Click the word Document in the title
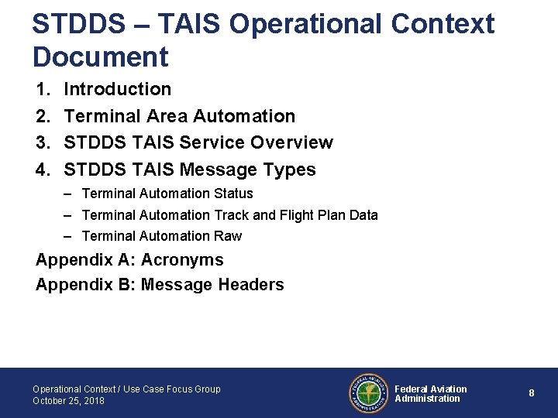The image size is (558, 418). click(x=100, y=57)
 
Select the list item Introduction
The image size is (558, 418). click(x=117, y=90)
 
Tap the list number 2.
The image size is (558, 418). click(x=43, y=116)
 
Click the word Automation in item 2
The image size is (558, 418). click(x=244, y=116)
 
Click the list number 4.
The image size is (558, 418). click(x=43, y=170)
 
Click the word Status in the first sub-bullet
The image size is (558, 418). click(x=233, y=194)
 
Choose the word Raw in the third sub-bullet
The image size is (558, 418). click(x=228, y=236)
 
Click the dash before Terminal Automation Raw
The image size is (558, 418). click(x=69, y=236)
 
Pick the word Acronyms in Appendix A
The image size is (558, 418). click(x=182, y=260)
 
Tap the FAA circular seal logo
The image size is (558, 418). click(x=367, y=393)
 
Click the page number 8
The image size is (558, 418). click(x=531, y=393)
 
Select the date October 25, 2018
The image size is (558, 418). click(x=68, y=401)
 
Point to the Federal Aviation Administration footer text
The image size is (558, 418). click(x=430, y=394)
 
